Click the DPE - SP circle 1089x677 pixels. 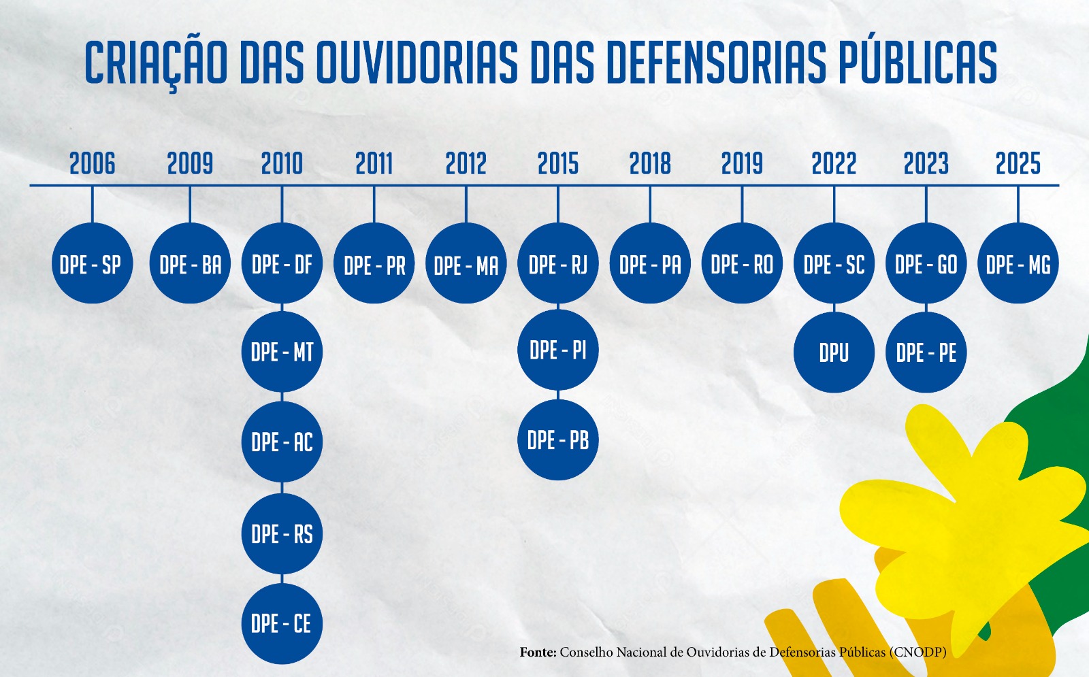(92, 263)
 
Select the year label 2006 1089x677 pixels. (92, 163)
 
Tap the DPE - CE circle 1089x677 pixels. (282, 623)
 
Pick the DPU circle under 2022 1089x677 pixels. (834, 352)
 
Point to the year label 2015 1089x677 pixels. (557, 163)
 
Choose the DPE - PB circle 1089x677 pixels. (557, 440)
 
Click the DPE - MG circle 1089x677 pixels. (1018, 263)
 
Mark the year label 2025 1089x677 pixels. (1018, 163)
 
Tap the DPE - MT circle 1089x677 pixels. (282, 352)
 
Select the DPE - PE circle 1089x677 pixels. (926, 352)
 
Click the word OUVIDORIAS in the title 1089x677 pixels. (416, 63)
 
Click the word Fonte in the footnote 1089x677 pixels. (538, 653)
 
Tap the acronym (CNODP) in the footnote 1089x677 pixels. (918, 653)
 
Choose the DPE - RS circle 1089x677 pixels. (282, 533)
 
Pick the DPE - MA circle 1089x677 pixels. (466, 264)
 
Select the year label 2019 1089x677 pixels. (742, 163)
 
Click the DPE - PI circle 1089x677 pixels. (557, 350)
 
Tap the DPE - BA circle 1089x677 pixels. (190, 263)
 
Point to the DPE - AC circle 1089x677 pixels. (282, 442)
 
